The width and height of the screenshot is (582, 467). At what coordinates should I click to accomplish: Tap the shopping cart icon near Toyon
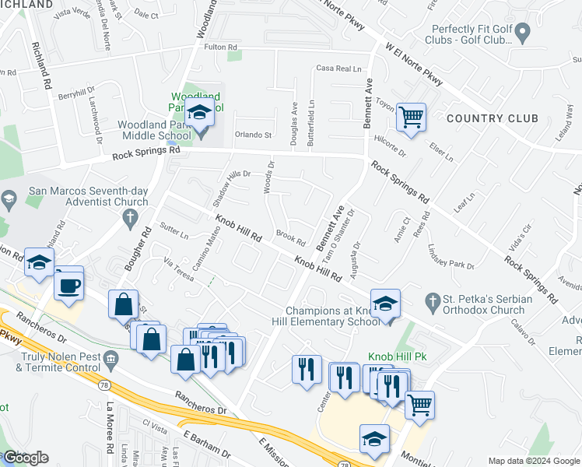point(411,118)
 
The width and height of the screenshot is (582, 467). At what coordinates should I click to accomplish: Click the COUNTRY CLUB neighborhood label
point(493,119)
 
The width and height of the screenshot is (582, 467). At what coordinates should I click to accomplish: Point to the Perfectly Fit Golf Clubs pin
point(523,33)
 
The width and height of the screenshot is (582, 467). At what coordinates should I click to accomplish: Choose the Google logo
point(25,458)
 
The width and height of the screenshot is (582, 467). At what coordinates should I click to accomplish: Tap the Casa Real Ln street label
point(339,68)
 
